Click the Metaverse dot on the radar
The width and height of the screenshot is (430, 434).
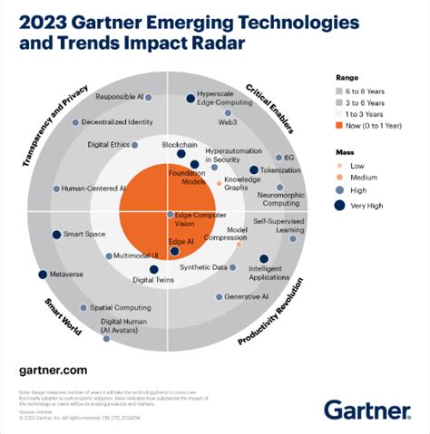pyautogui.click(x=42, y=274)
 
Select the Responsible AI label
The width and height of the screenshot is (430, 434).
pyautogui.click(x=120, y=96)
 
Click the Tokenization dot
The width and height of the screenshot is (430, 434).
pyautogui.click(x=254, y=169)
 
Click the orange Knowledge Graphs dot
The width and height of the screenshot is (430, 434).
pyautogui.click(x=219, y=184)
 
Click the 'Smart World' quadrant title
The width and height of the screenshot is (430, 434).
pyautogui.click(x=60, y=316)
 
